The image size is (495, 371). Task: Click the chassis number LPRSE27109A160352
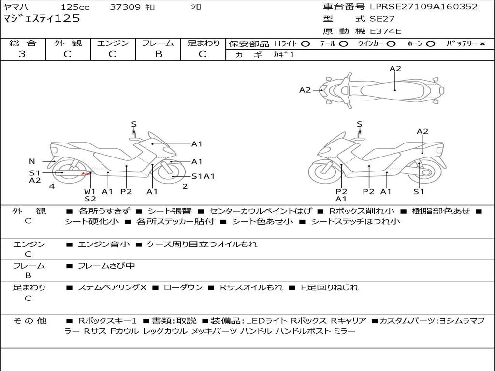(423, 6)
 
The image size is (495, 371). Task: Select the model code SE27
(382, 19)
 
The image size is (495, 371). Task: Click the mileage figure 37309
(125, 7)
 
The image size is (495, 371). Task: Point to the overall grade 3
(22, 54)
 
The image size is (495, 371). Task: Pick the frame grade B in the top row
(159, 54)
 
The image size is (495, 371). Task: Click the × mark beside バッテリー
(482, 44)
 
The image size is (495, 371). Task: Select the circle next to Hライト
(306, 44)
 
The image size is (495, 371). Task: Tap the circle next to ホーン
(430, 44)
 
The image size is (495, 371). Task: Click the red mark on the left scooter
(85, 173)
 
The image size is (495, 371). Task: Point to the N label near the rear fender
(32, 161)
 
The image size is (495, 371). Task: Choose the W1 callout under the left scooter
(89, 191)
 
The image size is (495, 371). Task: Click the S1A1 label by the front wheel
(204, 176)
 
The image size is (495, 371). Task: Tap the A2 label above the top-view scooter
(395, 69)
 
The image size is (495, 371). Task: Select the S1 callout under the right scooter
(419, 191)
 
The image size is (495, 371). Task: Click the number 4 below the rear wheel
(52, 186)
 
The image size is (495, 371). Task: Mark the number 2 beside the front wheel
(185, 186)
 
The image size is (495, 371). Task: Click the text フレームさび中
(106, 266)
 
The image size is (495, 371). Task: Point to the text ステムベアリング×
(112, 287)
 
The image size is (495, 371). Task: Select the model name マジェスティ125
(42, 19)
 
